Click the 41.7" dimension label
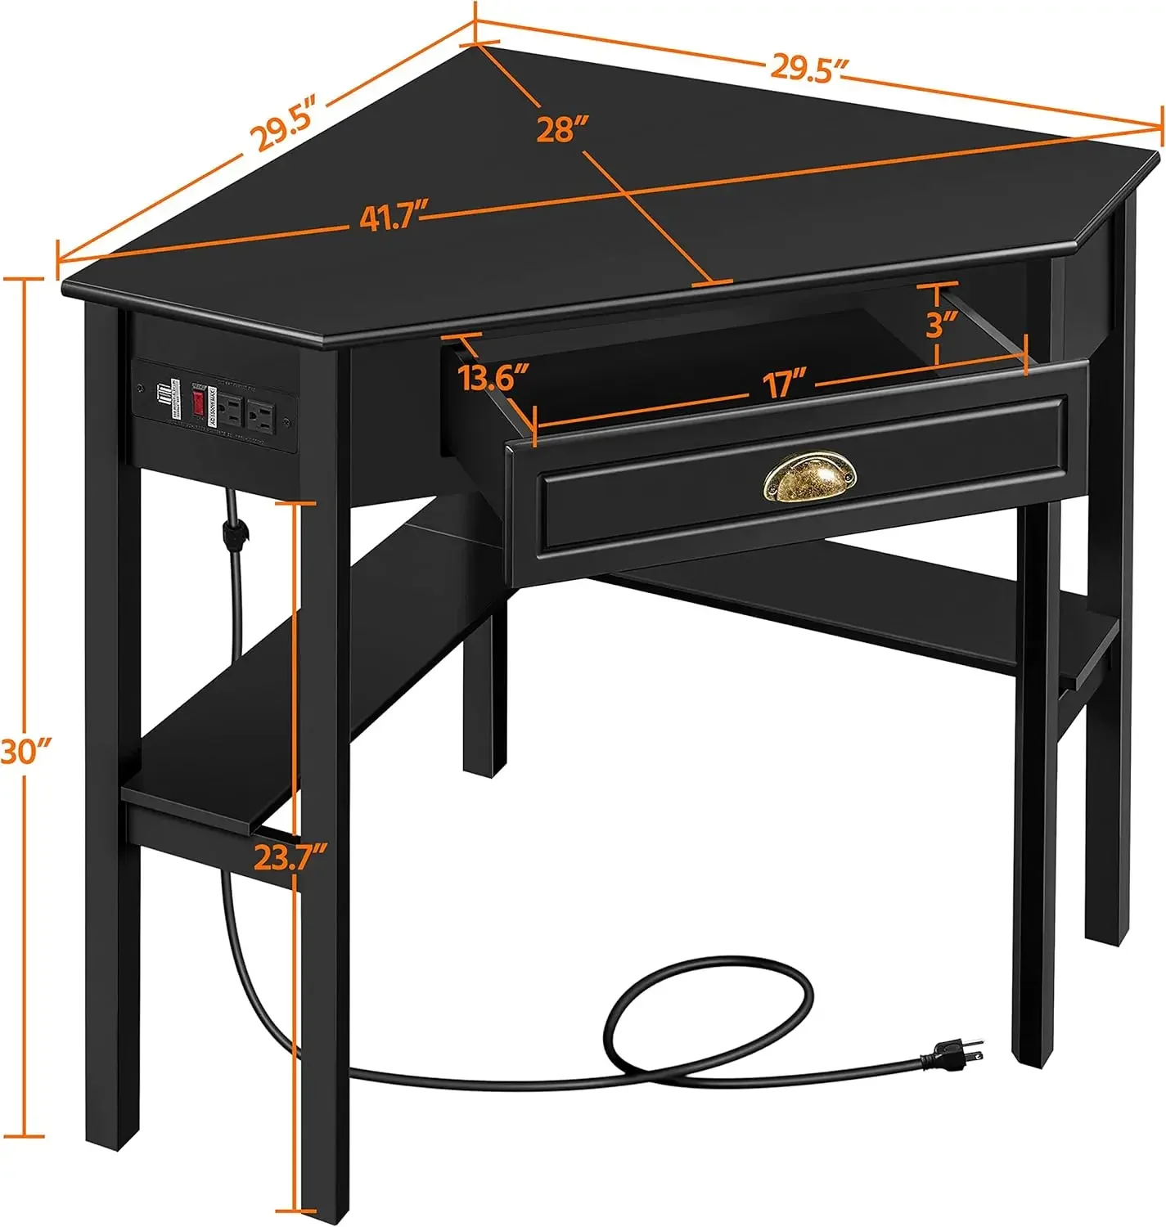(x=394, y=218)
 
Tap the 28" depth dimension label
(x=563, y=128)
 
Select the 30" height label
(x=26, y=751)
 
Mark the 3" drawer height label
(x=941, y=324)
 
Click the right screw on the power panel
(x=286, y=423)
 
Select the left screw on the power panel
(x=142, y=386)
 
